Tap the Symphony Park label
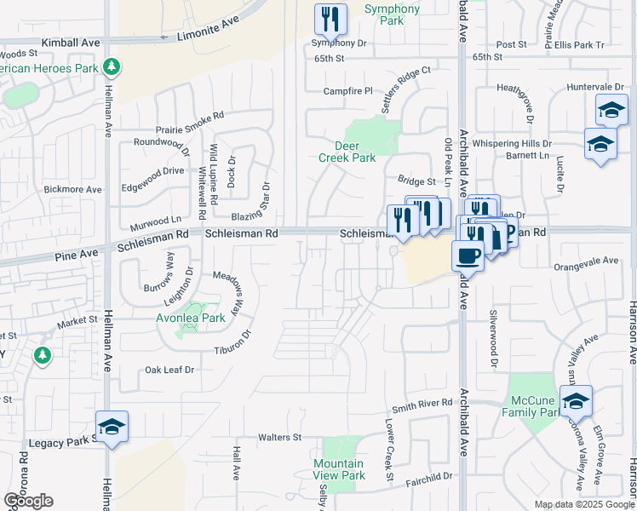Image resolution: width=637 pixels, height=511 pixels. click(x=392, y=15)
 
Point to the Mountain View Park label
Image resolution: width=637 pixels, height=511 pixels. click(x=339, y=469)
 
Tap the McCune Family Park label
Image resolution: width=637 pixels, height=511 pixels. click(x=535, y=407)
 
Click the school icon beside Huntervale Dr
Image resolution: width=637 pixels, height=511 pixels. click(x=611, y=110)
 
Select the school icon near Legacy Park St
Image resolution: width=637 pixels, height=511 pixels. click(x=112, y=428)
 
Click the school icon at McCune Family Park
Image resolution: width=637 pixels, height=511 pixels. click(x=576, y=401)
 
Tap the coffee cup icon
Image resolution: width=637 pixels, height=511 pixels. click(x=467, y=255)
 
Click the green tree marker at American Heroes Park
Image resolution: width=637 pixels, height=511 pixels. click(x=110, y=66)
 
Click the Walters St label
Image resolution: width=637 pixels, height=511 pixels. click(x=280, y=438)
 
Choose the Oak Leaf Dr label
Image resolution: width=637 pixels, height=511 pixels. click(x=169, y=370)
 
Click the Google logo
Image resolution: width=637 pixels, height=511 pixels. click(x=28, y=502)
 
